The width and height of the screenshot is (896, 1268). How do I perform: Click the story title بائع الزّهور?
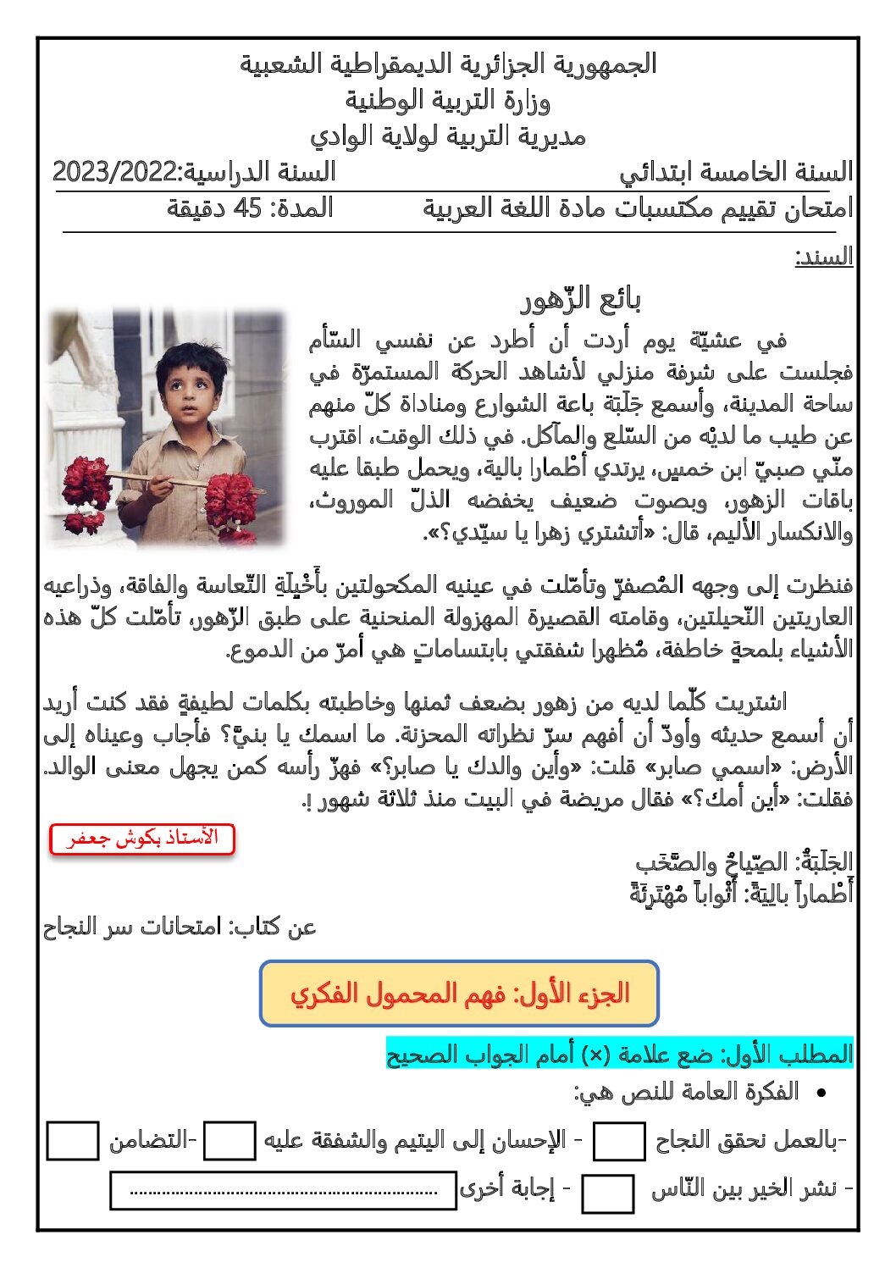pyautogui.click(x=580, y=300)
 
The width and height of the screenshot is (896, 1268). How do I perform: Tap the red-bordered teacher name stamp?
pyautogui.click(x=142, y=839)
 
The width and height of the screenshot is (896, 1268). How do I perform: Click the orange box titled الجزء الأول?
pyautogui.click(x=459, y=993)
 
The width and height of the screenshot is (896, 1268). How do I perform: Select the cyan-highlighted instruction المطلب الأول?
pyautogui.click(x=619, y=1055)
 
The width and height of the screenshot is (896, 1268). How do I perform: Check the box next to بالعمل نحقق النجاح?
pyautogui.click(x=619, y=1142)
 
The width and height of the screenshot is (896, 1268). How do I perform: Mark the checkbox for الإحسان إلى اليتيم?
pyautogui.click(x=230, y=1142)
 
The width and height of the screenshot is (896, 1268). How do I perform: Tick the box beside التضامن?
pyautogui.click(x=73, y=1142)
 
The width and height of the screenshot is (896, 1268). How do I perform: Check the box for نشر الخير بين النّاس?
pyautogui.click(x=608, y=1193)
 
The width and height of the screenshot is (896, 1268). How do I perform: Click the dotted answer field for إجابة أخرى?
pyautogui.click(x=284, y=1191)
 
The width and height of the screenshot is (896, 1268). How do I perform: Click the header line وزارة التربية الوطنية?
pyautogui.click(x=447, y=102)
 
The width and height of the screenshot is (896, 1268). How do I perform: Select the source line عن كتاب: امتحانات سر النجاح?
pyautogui.click(x=180, y=927)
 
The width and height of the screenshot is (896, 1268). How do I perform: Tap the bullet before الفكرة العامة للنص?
pyautogui.click(x=820, y=1094)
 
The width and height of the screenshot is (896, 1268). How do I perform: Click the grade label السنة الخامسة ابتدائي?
pyautogui.click(x=735, y=173)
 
